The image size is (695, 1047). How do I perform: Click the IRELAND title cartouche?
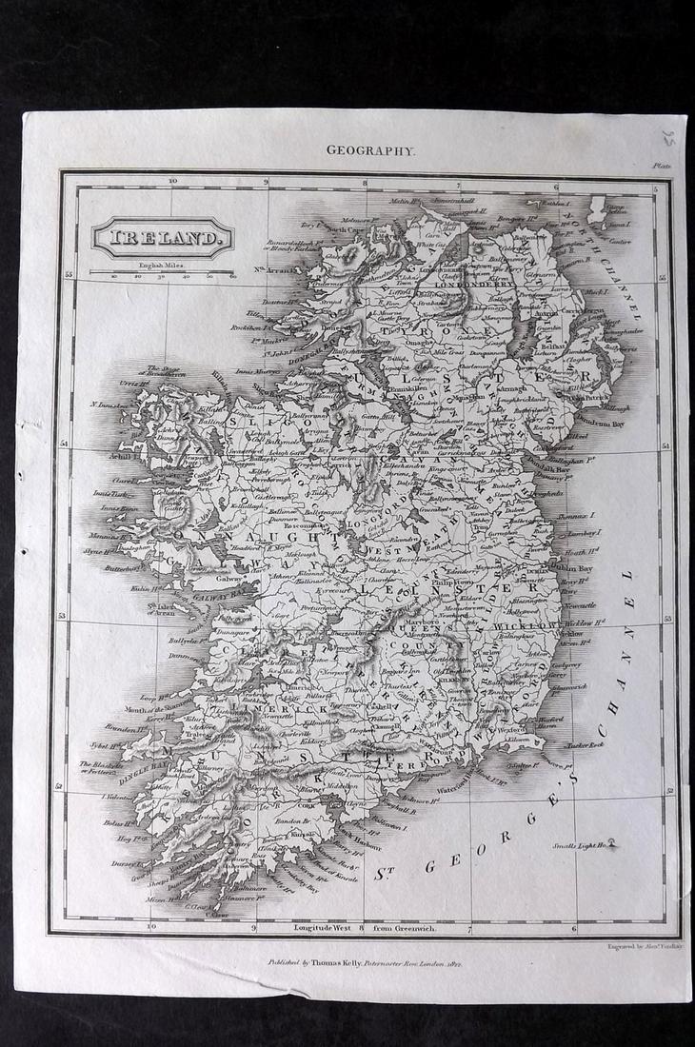(162, 237)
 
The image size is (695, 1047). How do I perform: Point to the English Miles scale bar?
(163, 272)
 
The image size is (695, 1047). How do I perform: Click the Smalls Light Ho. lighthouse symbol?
(610, 841)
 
